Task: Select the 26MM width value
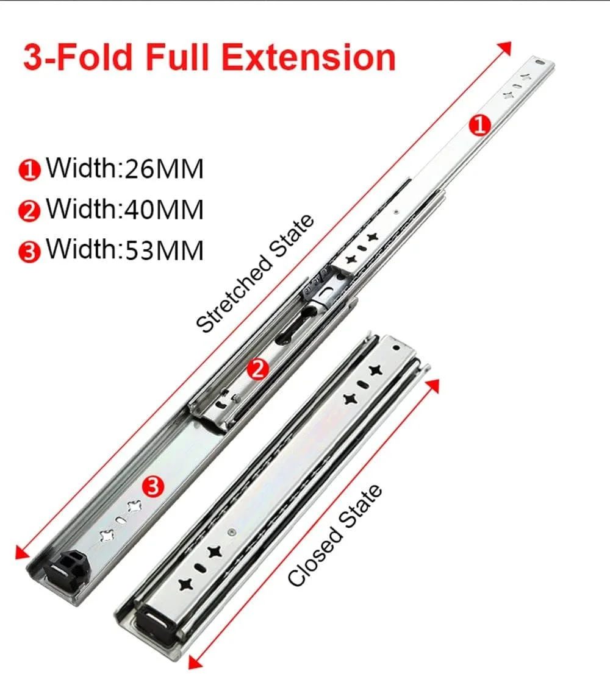(x=164, y=168)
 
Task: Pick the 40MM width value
(x=164, y=210)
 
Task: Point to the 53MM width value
(x=164, y=250)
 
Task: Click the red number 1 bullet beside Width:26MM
(x=29, y=170)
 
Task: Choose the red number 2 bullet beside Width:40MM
(x=29, y=211)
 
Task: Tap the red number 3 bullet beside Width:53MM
(x=29, y=252)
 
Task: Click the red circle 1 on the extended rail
(x=479, y=126)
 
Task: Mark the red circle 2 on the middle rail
(x=257, y=369)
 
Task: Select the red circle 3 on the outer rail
(x=153, y=486)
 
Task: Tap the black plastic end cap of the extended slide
(x=68, y=567)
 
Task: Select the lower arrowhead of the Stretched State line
(x=21, y=553)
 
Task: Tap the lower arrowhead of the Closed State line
(x=195, y=663)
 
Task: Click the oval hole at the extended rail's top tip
(x=539, y=63)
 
